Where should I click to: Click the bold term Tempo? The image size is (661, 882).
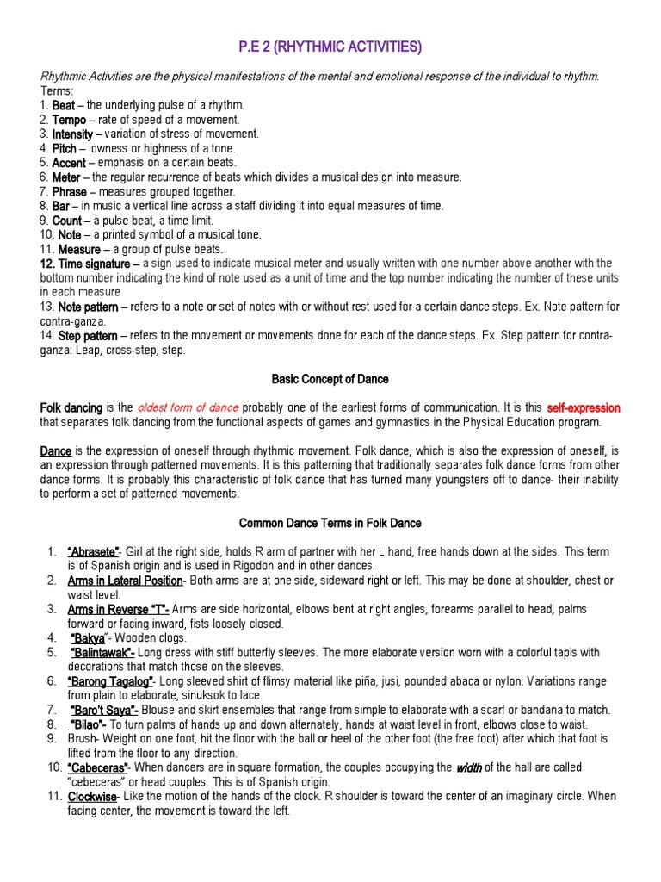70,120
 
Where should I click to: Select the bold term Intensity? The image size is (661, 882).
72,134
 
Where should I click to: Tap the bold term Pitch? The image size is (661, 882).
65,148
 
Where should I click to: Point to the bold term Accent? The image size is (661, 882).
69,162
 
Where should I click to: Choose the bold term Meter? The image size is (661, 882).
66,177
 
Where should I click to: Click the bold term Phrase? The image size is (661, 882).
71,191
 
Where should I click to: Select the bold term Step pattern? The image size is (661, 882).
88,335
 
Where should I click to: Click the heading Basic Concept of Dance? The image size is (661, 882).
330,378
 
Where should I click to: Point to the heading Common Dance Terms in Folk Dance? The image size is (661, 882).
330,523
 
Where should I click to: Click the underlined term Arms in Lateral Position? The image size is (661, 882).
126,581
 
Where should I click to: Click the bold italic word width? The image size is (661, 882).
470,767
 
